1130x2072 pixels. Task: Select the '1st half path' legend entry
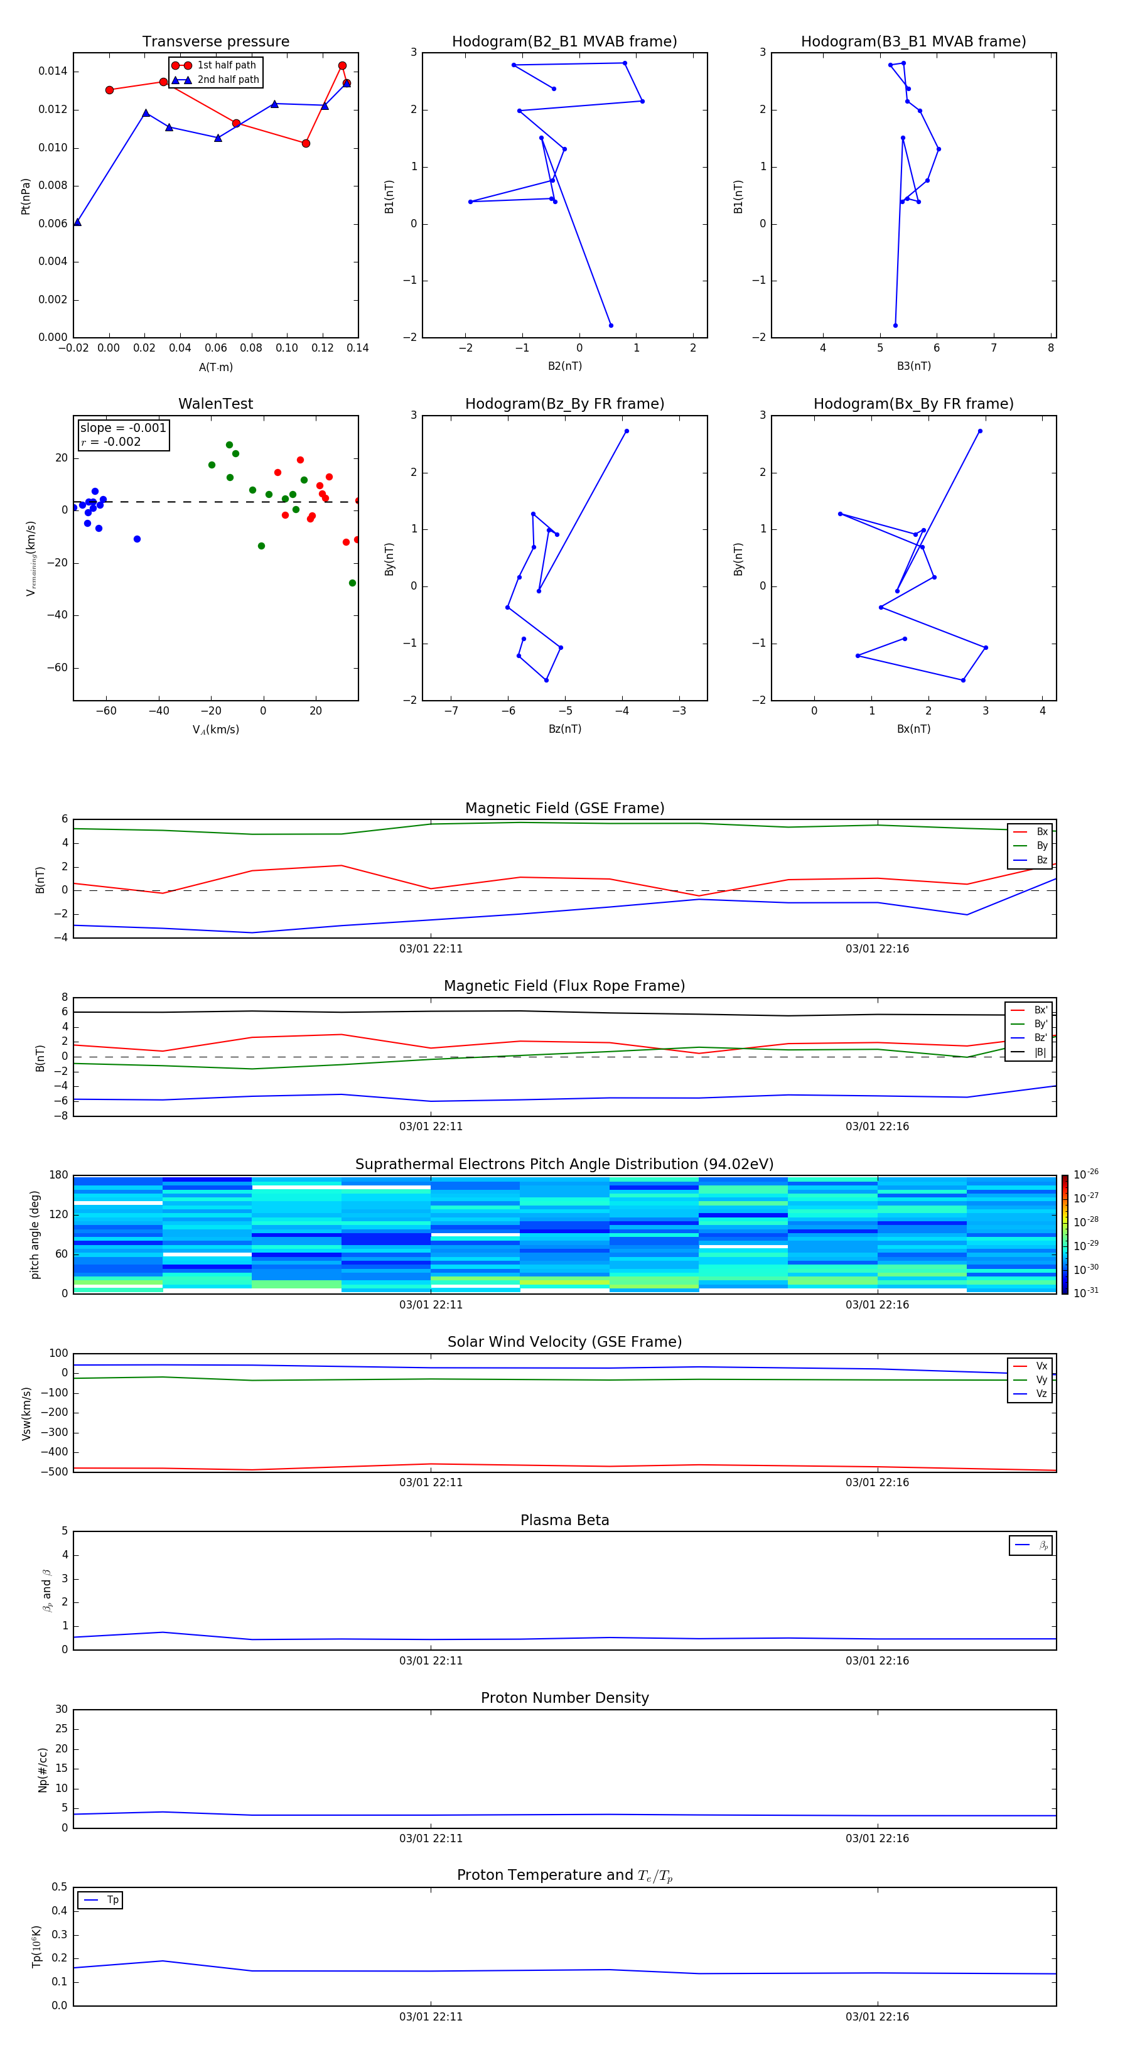pyautogui.click(x=226, y=65)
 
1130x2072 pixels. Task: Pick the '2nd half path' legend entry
pyautogui.click(x=228, y=80)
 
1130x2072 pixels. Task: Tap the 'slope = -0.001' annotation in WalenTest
pyautogui.click(x=123, y=428)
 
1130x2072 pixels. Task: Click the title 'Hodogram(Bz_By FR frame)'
pyautogui.click(x=564, y=404)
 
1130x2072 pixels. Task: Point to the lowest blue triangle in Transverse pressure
pyautogui.click(x=77, y=222)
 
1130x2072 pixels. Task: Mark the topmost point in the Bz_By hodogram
pyautogui.click(x=627, y=431)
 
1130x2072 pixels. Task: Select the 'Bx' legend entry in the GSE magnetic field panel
pyautogui.click(x=1041, y=832)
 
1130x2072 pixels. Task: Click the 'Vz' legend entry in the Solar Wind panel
pyautogui.click(x=1041, y=1394)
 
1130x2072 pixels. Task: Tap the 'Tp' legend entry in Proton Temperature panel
pyautogui.click(x=112, y=1900)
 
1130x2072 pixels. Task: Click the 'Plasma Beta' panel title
pyautogui.click(x=564, y=1520)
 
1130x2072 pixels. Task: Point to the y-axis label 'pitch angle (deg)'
pyautogui.click(x=35, y=1234)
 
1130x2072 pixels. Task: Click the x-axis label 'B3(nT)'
pyautogui.click(x=913, y=366)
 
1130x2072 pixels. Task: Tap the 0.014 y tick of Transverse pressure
pyautogui.click(x=52, y=72)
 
